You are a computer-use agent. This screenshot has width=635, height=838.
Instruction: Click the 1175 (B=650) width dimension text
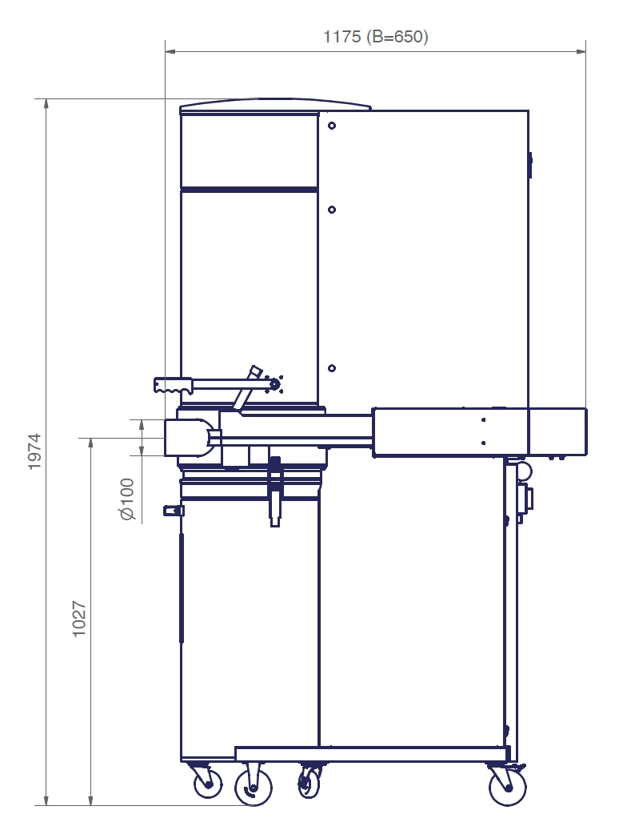pyautogui.click(x=375, y=36)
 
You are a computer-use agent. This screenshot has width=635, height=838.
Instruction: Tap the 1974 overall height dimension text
pyautogui.click(x=34, y=451)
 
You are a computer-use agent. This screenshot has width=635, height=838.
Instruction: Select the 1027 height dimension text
pyautogui.click(x=79, y=619)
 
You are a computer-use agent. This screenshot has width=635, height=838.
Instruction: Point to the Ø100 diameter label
pyautogui.click(x=128, y=499)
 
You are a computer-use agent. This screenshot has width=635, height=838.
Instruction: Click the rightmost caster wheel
pyautogui.click(x=507, y=787)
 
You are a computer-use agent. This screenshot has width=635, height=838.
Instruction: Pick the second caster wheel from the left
pyautogui.click(x=254, y=788)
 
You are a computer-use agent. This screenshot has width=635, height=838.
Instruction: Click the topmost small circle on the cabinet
pyautogui.click(x=332, y=126)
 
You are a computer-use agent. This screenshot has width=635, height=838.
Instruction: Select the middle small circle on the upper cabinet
pyautogui.click(x=332, y=210)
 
